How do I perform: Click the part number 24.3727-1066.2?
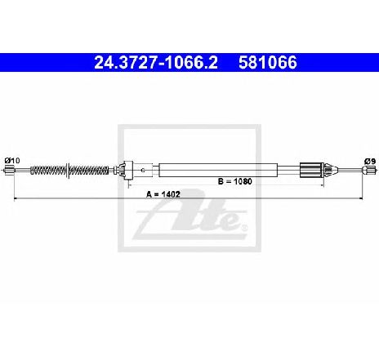tap(156, 63)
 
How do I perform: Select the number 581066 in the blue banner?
tap(268, 63)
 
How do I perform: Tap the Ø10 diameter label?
tap(12, 161)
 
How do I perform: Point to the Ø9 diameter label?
tap(370, 162)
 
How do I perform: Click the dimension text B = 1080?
tap(235, 181)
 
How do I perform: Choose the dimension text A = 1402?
tap(163, 194)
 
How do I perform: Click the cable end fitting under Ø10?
tap(9, 171)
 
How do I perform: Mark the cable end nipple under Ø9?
tap(367, 171)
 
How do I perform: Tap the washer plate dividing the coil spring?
tap(68, 171)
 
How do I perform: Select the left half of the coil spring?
tap(48, 171)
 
